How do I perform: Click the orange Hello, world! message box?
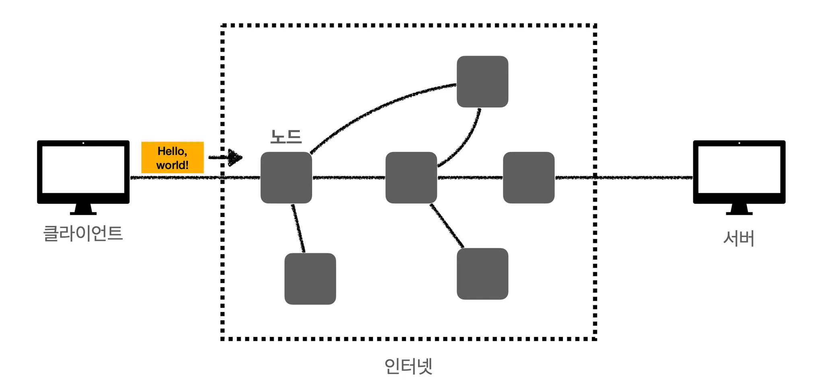172,157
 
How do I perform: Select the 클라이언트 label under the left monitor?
83,233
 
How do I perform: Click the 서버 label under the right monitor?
739,238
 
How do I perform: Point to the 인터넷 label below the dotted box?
408,366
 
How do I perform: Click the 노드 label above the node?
286,137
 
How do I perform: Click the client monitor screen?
83,169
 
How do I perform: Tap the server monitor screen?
739,169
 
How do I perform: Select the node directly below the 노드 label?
286,177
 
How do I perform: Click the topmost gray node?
482,82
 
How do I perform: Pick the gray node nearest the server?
529,177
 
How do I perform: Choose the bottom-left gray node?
310,279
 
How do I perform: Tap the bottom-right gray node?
482,274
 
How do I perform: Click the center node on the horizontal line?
411,177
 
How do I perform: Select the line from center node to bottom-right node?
447,225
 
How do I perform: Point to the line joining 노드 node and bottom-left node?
298,228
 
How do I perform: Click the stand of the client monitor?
83,209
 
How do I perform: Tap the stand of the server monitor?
739,209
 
